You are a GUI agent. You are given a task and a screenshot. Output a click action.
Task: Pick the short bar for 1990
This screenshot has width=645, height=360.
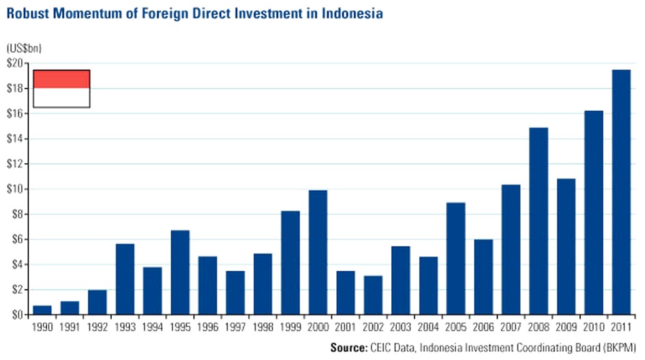click(42, 310)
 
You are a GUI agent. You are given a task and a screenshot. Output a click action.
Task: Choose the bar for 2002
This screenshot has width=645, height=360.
click(373, 294)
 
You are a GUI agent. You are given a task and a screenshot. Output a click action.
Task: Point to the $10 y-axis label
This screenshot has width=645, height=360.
click(14, 189)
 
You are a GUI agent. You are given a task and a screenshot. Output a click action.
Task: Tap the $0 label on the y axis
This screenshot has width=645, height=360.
click(17, 314)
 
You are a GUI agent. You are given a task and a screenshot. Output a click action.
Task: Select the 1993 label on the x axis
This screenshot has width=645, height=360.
click(125, 327)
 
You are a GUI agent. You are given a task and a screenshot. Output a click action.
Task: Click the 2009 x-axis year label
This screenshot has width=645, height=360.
click(566, 327)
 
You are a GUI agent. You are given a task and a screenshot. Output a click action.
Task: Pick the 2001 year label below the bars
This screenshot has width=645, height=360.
click(346, 327)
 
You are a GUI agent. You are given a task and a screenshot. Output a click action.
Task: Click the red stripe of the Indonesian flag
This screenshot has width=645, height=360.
click(61, 79)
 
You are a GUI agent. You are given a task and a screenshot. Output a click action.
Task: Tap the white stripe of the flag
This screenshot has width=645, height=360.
click(61, 97)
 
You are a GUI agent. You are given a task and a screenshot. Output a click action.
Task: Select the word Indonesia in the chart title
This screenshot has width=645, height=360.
click(352, 13)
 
